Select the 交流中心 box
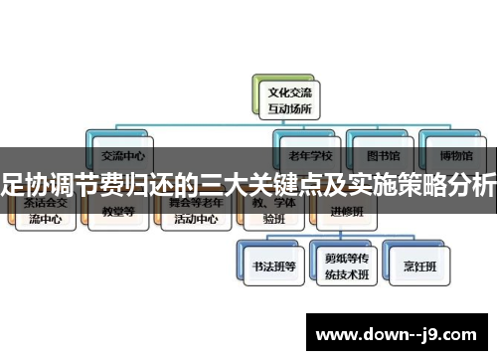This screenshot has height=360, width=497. [x=123, y=151]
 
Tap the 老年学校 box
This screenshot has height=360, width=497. [x=309, y=151]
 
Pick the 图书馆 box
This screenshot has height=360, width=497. [x=377, y=151]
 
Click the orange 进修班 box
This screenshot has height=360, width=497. [x=348, y=211]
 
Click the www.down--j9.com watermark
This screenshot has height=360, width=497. [x=398, y=330]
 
